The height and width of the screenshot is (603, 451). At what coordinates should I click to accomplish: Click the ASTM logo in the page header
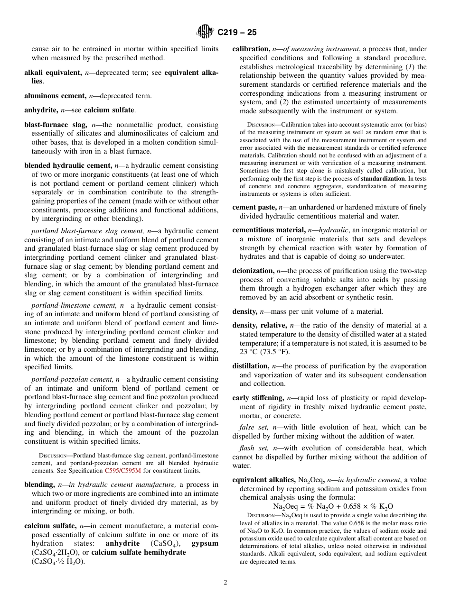(205, 32)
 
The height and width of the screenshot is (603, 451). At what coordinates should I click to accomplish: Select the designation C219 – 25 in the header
(237, 33)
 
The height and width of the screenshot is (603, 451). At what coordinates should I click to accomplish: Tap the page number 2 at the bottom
(225, 583)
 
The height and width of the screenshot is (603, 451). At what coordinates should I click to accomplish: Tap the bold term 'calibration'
(250, 49)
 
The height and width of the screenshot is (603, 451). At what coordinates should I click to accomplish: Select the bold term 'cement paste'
(254, 207)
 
